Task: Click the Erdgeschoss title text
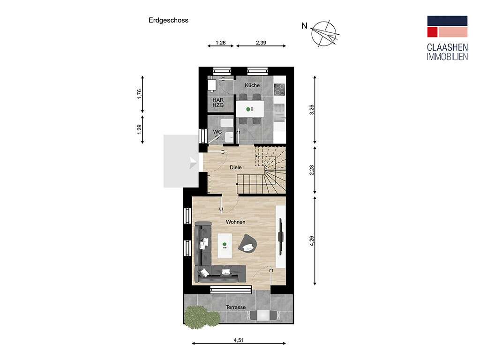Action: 168,21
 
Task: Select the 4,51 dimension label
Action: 239,340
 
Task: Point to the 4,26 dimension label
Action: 311,240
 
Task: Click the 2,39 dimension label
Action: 261,43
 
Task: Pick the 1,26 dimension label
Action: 220,43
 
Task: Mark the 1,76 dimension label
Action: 139,94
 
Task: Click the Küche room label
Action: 252,85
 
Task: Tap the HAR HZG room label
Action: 218,103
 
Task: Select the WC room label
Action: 217,132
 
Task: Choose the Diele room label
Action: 236,167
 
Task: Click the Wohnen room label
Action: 236,222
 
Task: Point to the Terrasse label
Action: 236,307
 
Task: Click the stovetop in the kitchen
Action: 279,89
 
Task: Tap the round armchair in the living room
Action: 247,244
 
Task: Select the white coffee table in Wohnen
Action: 225,246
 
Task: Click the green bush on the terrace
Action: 202,317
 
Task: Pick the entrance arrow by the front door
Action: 193,162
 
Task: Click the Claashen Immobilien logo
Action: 447,38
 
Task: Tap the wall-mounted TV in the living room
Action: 280,236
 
